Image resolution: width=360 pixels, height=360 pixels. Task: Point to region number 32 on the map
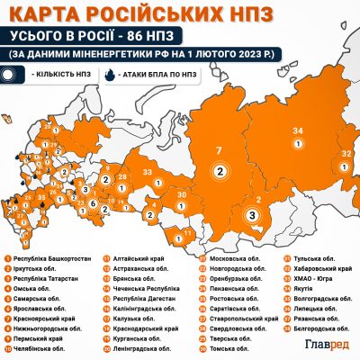tap(346, 155)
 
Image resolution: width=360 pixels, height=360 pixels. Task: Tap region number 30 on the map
tap(181, 195)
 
